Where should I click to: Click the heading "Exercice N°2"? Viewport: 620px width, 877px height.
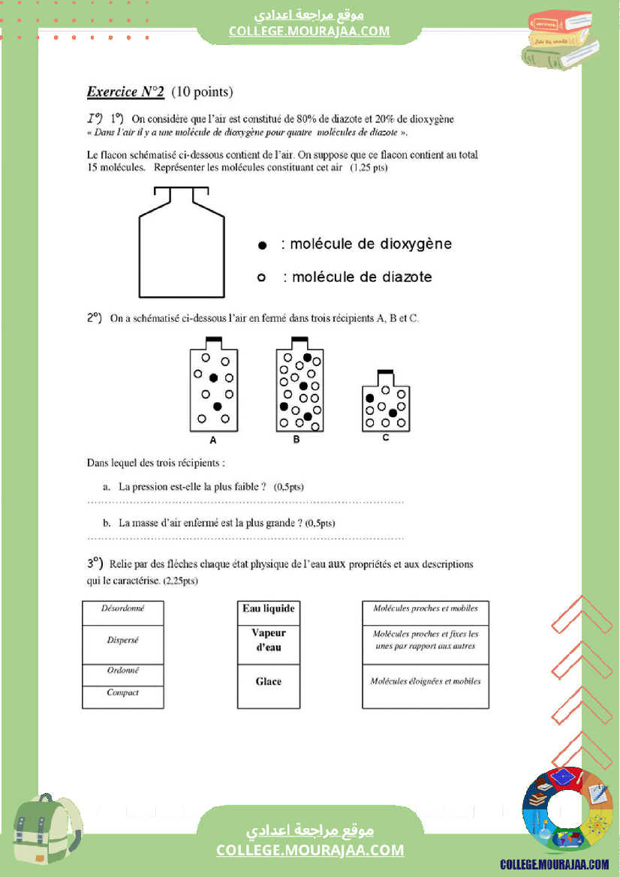(x=125, y=92)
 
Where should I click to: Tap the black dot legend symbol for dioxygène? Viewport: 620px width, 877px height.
(x=262, y=245)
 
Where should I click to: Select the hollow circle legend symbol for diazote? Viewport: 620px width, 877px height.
(x=262, y=278)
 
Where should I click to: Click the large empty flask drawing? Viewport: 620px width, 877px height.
(x=181, y=244)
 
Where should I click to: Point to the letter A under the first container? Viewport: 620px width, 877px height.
(x=213, y=440)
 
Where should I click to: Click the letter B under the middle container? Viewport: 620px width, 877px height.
(x=296, y=440)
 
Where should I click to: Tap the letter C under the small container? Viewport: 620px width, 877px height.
(x=386, y=437)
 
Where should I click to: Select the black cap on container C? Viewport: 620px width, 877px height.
(x=386, y=372)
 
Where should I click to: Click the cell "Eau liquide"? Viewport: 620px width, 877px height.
(x=269, y=608)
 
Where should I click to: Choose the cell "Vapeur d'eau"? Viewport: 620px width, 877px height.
(x=269, y=640)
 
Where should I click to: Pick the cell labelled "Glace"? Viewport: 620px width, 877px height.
(x=269, y=681)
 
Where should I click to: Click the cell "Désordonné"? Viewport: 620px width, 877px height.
(x=122, y=608)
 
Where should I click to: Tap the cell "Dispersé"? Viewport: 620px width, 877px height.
(x=122, y=641)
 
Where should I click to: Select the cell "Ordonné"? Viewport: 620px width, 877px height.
(x=122, y=671)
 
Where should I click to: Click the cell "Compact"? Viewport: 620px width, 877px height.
(x=122, y=692)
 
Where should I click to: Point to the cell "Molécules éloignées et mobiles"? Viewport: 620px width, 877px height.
(x=426, y=681)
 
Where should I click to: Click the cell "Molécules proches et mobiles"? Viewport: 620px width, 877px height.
(x=426, y=608)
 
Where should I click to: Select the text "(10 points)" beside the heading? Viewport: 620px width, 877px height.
(x=202, y=92)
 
